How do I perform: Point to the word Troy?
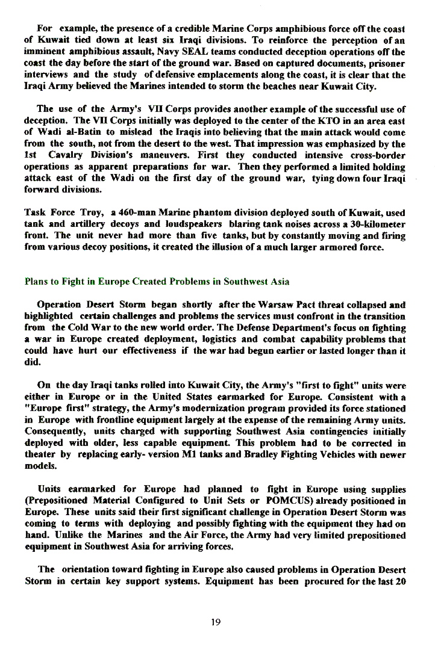88,212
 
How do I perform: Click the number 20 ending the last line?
399,581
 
